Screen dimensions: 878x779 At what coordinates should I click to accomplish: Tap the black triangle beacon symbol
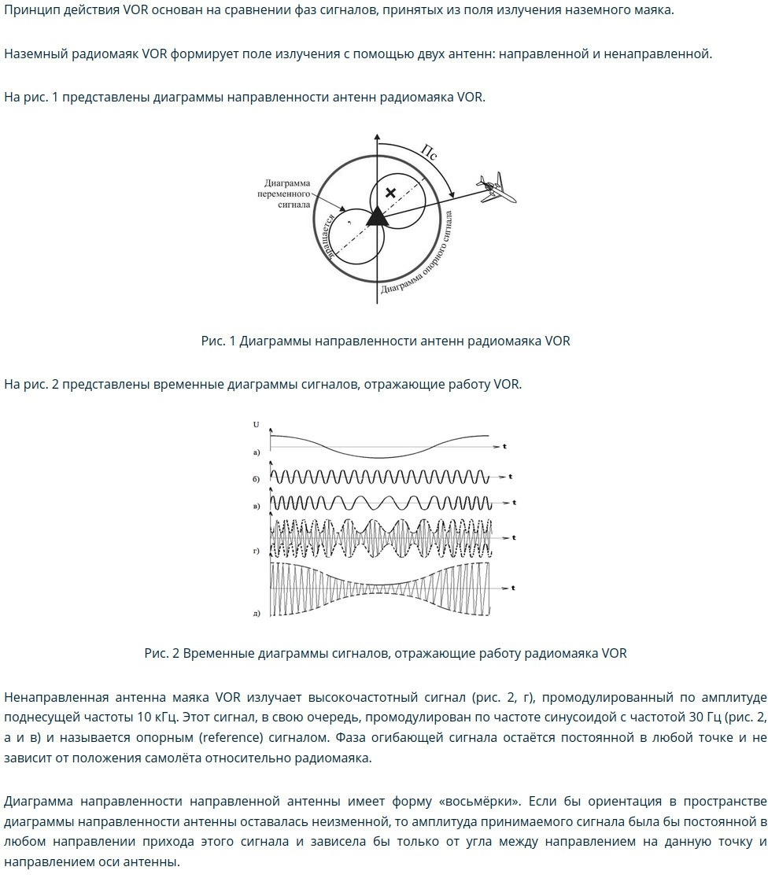click(377, 216)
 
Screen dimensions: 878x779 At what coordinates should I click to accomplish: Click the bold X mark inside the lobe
click(390, 193)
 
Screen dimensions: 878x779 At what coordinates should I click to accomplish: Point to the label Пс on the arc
click(430, 153)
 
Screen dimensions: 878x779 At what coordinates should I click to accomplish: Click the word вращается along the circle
click(330, 235)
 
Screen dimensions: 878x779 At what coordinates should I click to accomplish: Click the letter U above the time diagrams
click(256, 425)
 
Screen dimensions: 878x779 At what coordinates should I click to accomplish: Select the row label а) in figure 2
click(257, 452)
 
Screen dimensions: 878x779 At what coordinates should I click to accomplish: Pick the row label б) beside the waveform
click(257, 478)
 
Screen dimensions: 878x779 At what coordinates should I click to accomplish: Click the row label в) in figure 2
click(257, 506)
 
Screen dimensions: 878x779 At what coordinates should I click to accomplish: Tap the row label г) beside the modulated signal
click(257, 552)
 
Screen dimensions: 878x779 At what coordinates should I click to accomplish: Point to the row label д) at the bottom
click(257, 614)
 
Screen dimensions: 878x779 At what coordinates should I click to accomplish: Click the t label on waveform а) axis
click(504, 446)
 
